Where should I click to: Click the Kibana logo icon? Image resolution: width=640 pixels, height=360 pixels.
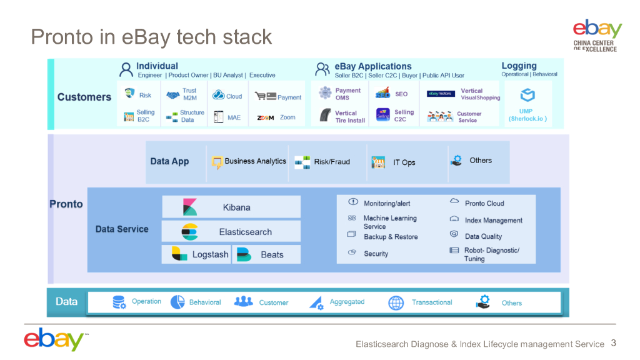coord(189,207)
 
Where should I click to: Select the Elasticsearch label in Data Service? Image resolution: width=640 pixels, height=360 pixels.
coord(245,232)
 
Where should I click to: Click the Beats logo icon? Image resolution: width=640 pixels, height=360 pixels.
coord(244,254)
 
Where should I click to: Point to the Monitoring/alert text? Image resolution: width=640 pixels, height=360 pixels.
coord(387,203)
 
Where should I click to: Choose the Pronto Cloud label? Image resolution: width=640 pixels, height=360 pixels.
coord(484,203)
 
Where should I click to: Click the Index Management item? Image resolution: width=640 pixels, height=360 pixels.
coord(493,220)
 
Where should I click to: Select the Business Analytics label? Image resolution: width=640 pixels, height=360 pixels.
coord(255,161)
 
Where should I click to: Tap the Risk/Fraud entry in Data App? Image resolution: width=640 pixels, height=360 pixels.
coord(332,162)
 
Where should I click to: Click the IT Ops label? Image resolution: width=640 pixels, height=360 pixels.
coord(404,162)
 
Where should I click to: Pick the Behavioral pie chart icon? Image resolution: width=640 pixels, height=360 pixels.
coord(177,302)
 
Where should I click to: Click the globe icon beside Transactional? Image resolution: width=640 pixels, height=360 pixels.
coord(396,303)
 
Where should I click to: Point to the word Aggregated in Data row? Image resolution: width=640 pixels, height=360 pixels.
coord(347,302)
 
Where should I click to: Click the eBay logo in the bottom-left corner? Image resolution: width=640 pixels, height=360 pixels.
coord(54,339)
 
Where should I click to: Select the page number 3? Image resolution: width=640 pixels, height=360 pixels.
coord(613,343)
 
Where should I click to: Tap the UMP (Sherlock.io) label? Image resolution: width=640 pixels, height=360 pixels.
coord(527,115)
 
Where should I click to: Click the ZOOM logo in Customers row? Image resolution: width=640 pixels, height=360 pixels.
coord(266,117)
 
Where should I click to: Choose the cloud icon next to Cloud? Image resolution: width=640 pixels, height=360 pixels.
coord(218,96)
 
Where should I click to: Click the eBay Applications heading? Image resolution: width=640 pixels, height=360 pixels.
coord(372,66)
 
